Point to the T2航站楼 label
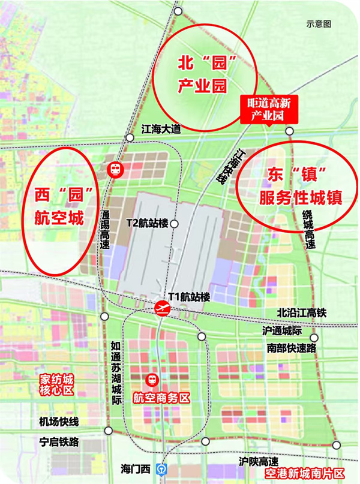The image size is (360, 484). tap(147, 223)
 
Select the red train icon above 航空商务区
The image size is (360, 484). tap(154, 380)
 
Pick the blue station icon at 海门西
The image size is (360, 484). tap(161, 468)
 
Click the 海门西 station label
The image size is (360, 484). tap(136, 468)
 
